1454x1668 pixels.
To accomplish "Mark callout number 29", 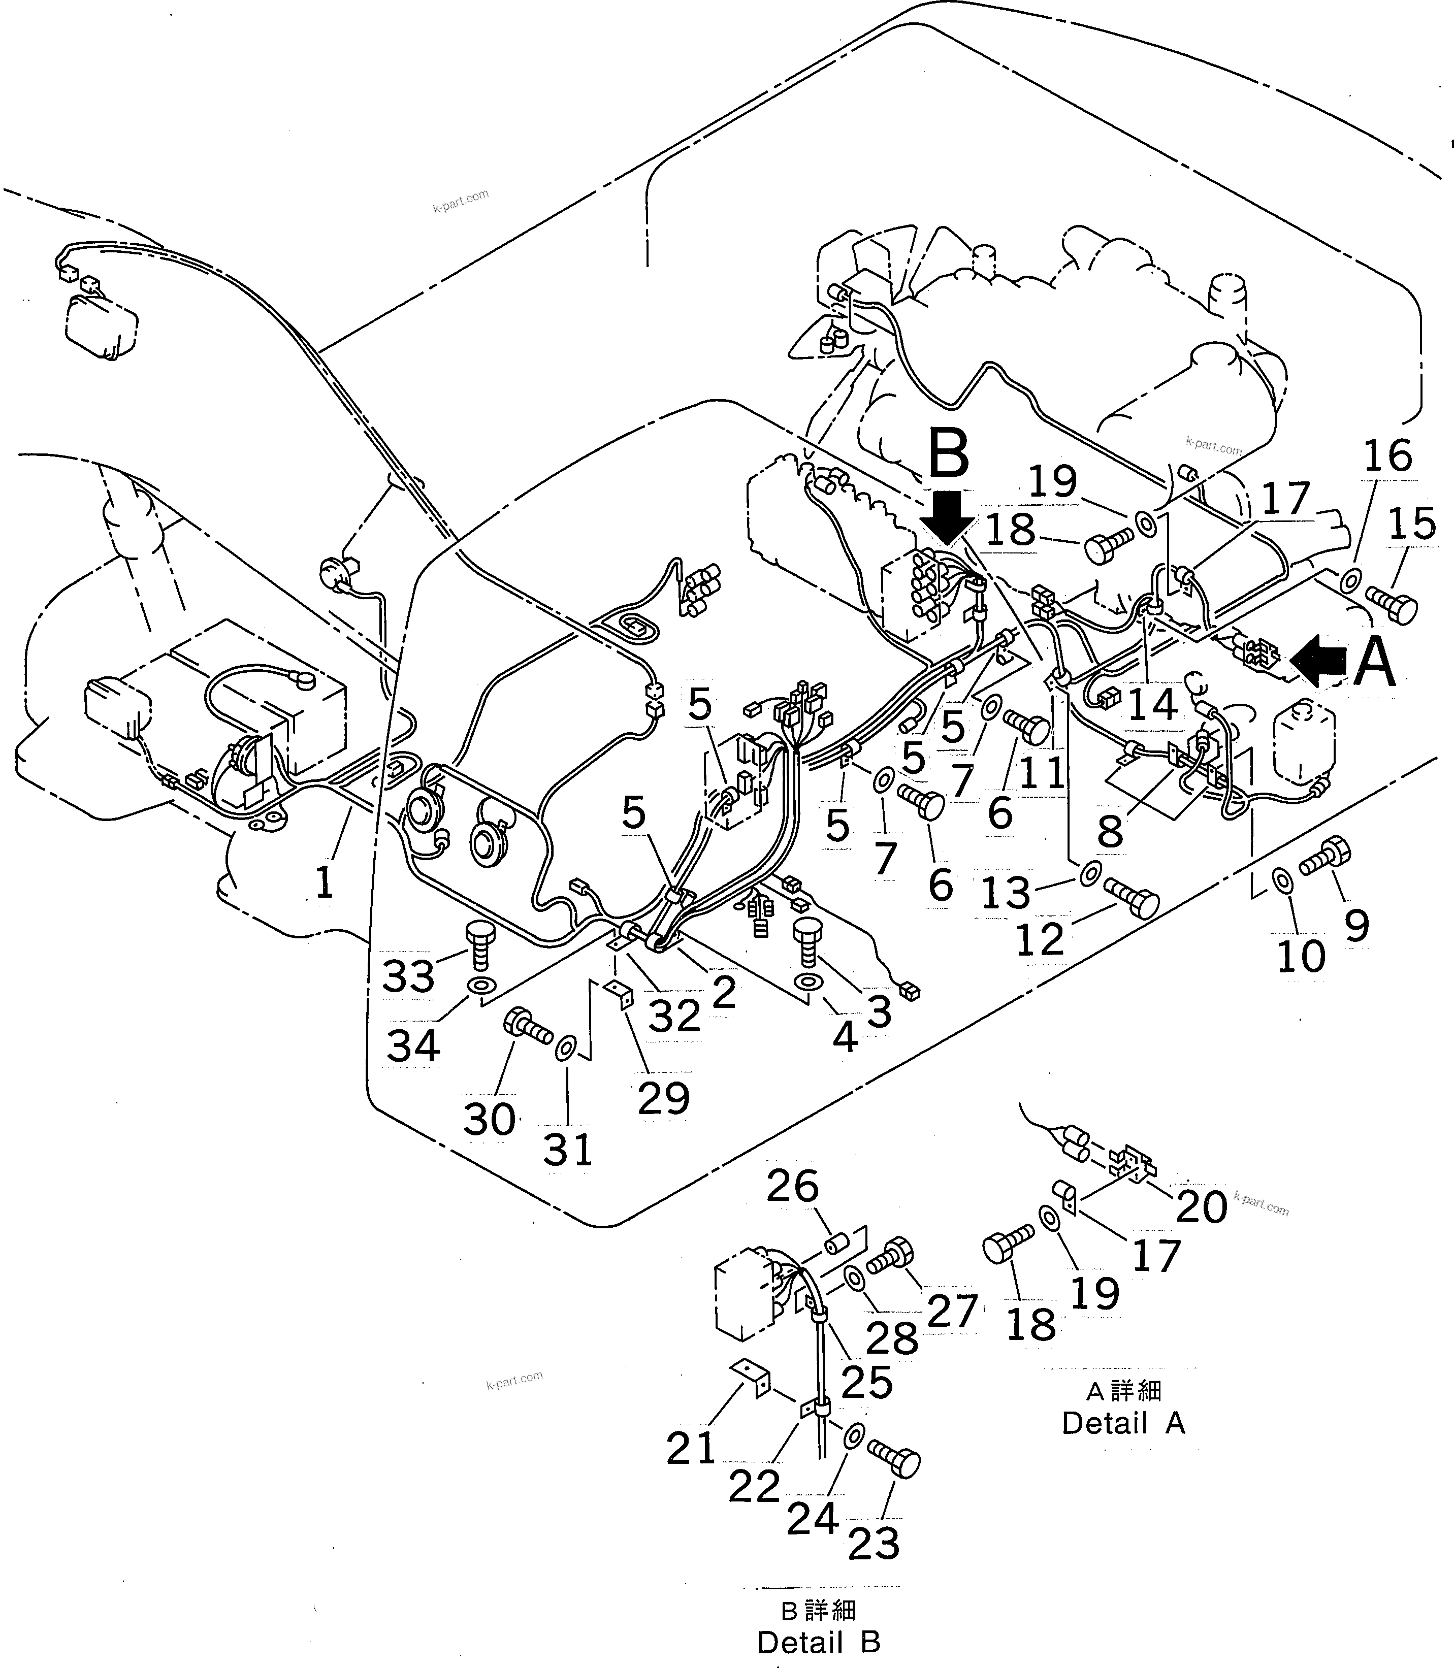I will pyautogui.click(x=664, y=1098).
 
